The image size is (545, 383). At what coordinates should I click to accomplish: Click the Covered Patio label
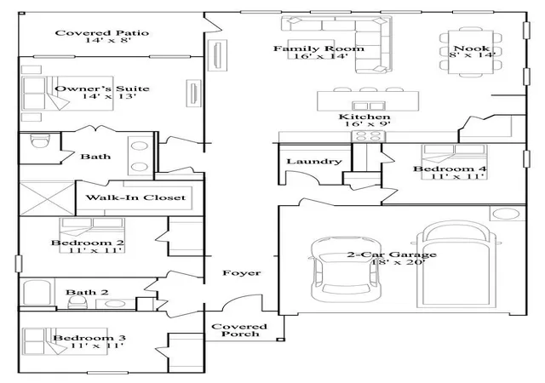coord(102,33)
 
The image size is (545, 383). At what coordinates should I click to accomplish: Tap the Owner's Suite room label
coord(102,89)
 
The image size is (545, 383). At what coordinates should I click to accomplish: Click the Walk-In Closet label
coord(135,197)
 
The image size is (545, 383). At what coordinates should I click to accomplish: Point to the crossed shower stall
coord(48,198)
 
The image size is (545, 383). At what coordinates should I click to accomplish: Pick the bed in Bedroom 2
coord(92,235)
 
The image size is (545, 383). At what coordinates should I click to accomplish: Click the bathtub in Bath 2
coord(37,292)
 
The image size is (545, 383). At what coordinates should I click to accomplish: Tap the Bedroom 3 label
coord(89,338)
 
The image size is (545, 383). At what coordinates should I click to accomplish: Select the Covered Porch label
coord(239,330)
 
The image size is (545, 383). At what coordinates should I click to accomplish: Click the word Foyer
coord(242,273)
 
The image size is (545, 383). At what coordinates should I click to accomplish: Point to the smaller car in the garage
coord(344,269)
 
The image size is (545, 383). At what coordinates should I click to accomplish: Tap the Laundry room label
coord(314,162)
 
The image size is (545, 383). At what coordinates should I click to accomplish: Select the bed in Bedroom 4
coord(454,162)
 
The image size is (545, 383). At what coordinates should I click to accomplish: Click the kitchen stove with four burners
coord(369,136)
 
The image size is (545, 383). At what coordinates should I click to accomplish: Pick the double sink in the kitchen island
coord(369,106)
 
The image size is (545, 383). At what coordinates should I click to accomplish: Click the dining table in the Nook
coord(471,52)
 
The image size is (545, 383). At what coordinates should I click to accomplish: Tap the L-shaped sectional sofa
coord(354,44)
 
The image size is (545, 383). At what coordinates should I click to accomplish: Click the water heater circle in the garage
coord(507,214)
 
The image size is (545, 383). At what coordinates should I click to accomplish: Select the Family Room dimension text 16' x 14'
coord(322,56)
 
